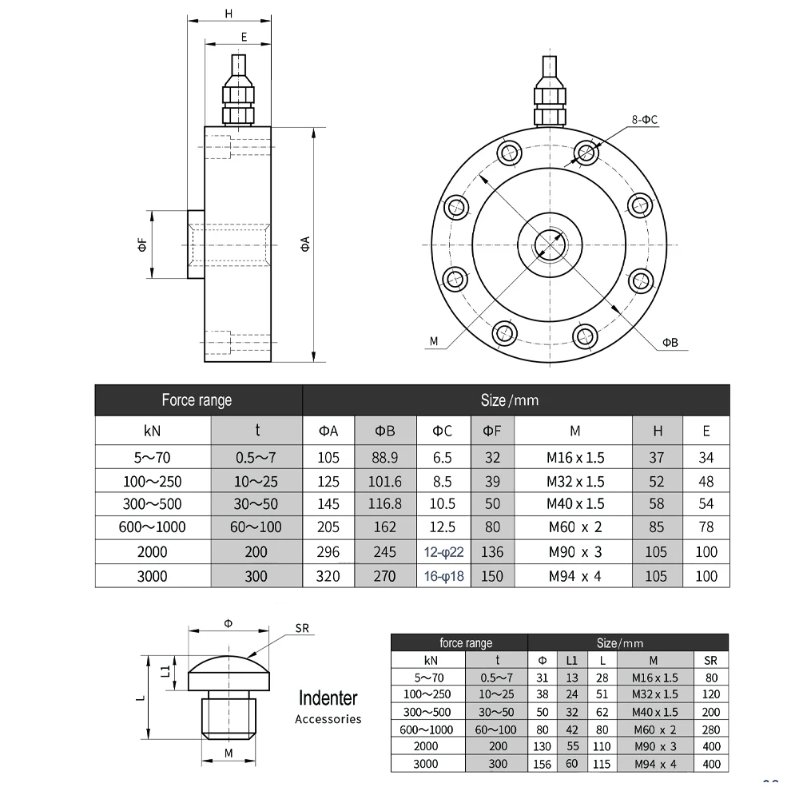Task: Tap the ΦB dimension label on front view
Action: pyautogui.click(x=669, y=343)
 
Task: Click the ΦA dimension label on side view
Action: pyautogui.click(x=305, y=244)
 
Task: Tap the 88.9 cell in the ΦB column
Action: pyautogui.click(x=384, y=458)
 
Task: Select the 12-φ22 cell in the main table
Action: pyautogui.click(x=443, y=552)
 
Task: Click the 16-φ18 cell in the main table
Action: pyautogui.click(x=443, y=576)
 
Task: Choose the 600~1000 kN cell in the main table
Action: pyautogui.click(x=152, y=527)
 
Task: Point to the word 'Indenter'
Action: pyautogui.click(x=328, y=698)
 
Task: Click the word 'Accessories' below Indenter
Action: pyautogui.click(x=328, y=719)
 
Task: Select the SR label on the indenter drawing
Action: pyautogui.click(x=301, y=629)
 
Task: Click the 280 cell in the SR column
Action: pyautogui.click(x=710, y=729)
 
